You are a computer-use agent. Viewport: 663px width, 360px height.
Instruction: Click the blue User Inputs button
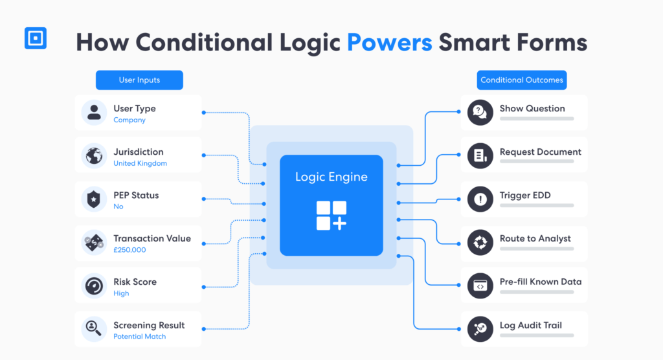[139, 80]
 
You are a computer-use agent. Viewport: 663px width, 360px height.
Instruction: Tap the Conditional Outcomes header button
[522, 80]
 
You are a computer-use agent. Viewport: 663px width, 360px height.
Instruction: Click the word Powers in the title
[389, 43]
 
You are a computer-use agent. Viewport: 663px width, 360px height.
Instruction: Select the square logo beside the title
[36, 38]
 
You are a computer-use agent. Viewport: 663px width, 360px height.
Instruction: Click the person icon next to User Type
[94, 113]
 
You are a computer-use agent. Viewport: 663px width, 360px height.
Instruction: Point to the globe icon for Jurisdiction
[94, 155]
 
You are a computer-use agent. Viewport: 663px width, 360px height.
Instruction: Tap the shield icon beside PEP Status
[94, 199]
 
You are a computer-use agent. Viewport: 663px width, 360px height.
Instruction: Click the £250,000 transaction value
[129, 250]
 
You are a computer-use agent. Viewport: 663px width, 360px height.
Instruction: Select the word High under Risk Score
[121, 293]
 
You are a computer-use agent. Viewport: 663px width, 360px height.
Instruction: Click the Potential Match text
[140, 337]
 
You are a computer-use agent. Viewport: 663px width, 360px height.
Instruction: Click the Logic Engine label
[331, 177]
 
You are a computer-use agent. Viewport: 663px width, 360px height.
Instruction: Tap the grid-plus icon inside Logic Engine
[331, 216]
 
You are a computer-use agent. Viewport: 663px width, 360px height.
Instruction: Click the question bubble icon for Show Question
[480, 113]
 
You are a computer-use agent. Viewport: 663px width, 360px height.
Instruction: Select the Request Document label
[541, 152]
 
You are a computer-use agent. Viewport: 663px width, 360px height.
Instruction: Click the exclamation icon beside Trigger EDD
[480, 199]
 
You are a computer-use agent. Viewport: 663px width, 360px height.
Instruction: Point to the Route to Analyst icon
[480, 242]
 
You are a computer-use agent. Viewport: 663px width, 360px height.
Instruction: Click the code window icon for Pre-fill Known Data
[480, 286]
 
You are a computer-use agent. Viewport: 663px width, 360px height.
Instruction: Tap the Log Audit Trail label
[531, 325]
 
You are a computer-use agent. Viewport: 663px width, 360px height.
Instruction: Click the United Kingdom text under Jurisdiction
[140, 163]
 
